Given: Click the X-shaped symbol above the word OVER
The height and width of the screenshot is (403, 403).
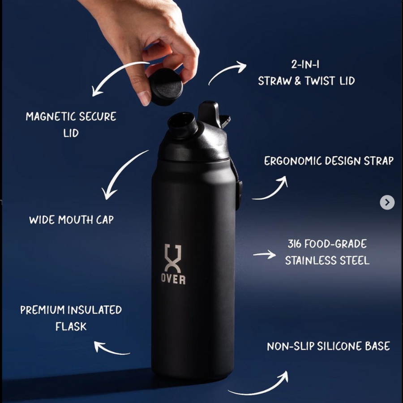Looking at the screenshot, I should coord(173,258).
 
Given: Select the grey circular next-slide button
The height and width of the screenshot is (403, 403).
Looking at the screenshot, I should coord(387,202).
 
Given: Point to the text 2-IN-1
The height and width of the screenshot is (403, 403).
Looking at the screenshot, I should coord(305,64).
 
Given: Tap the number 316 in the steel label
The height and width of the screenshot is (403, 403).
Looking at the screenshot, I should coord(295,244).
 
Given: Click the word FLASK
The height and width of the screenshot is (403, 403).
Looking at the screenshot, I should coord(71,326).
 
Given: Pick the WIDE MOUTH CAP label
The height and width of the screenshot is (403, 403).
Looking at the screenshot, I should coord(71,220).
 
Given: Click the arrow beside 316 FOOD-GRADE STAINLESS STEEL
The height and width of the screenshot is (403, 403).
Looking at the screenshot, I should coord(264,255).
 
